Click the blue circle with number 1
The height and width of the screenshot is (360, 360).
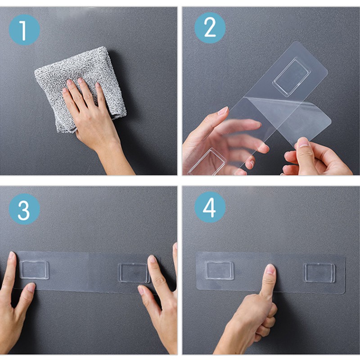tap(24, 29)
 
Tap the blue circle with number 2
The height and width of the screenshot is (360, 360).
tap(210, 28)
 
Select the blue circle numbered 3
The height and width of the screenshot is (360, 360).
tap(24, 209)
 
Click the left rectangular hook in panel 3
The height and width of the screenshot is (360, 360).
tap(34, 270)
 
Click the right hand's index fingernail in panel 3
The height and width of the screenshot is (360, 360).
tap(152, 260)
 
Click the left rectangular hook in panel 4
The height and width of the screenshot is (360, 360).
tap(220, 270)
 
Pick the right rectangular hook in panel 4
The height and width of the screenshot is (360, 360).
tap(319, 273)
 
